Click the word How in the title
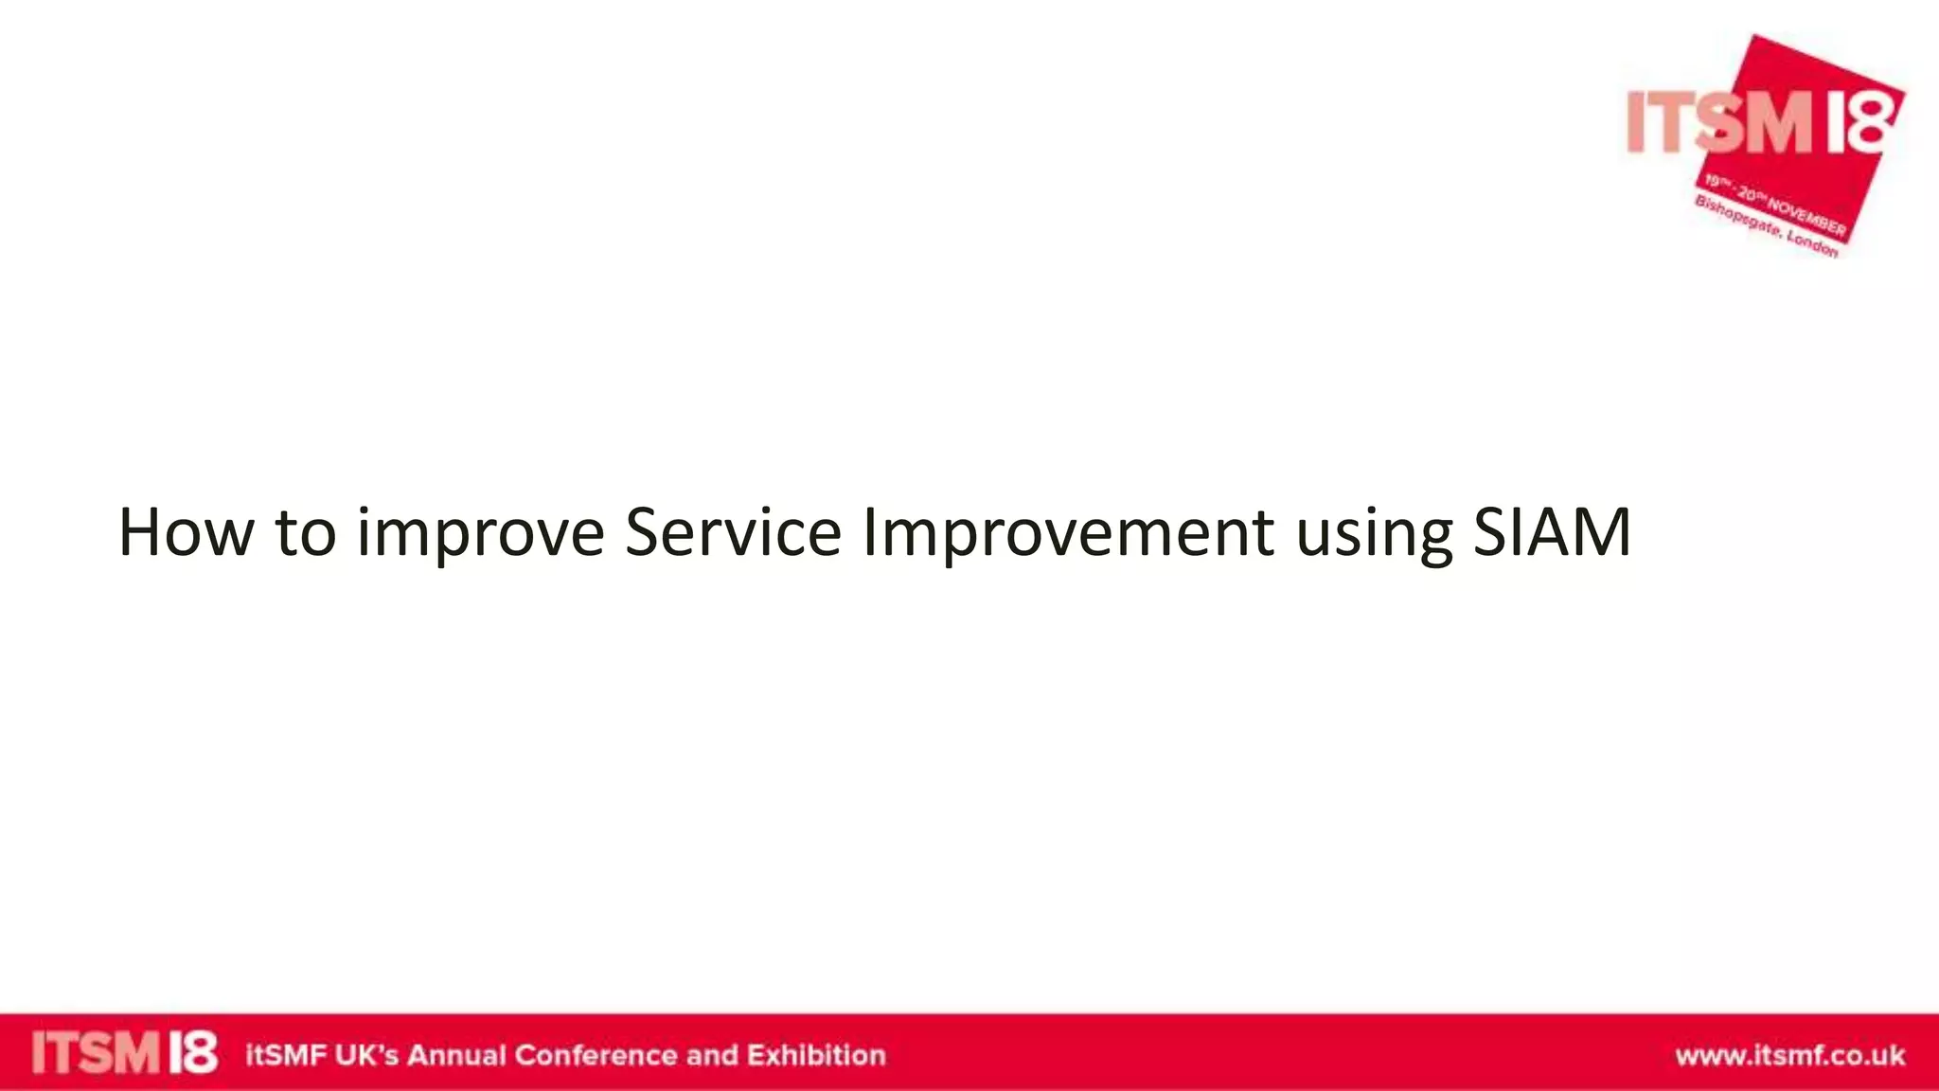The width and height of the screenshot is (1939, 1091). click(x=186, y=533)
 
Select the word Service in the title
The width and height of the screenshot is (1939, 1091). click(x=732, y=533)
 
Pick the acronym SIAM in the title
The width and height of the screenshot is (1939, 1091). click(x=1552, y=533)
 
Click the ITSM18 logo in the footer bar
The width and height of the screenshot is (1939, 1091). click(x=124, y=1053)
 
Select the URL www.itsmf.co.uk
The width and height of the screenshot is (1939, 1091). click(x=1789, y=1055)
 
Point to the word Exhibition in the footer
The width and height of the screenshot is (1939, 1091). click(x=816, y=1055)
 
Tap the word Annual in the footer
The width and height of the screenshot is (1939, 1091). click(x=456, y=1055)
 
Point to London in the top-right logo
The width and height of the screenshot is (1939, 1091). click(x=1812, y=243)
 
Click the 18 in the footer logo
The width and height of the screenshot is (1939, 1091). click(x=193, y=1053)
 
